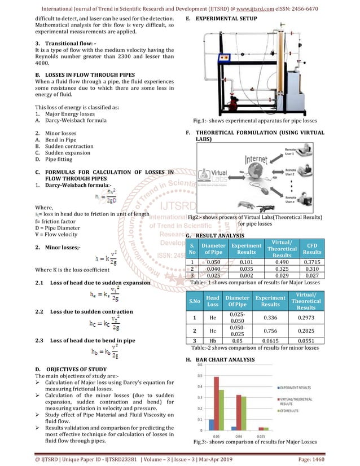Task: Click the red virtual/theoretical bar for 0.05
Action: pyautogui.click(x=216, y=403)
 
